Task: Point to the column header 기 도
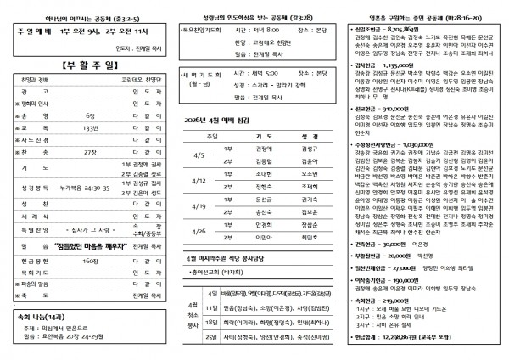pos(264,136)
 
